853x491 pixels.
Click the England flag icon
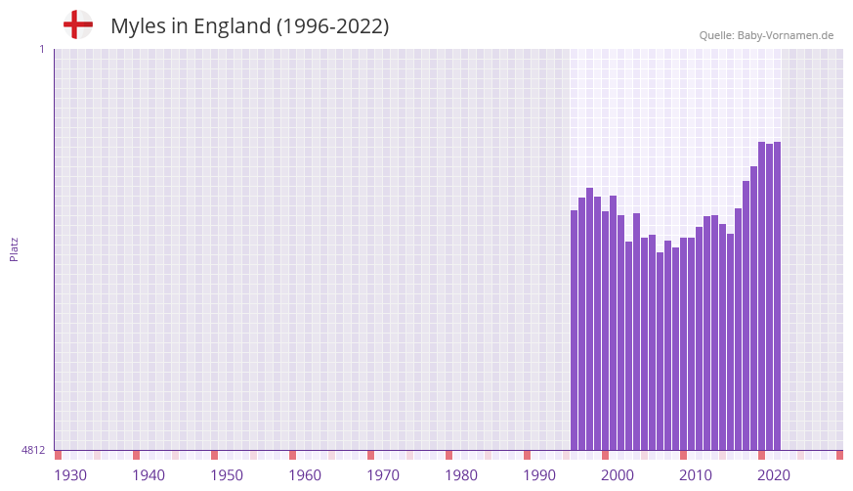pyautogui.click(x=78, y=24)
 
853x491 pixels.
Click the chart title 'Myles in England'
pyautogui.click(x=249, y=26)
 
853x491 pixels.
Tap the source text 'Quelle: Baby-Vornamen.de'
pyautogui.click(x=766, y=35)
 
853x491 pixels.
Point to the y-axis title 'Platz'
pyautogui.click(x=14, y=248)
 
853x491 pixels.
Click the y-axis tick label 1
pyautogui.click(x=41, y=49)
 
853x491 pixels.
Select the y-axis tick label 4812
pyautogui.click(x=33, y=450)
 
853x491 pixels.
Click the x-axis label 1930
pyautogui.click(x=70, y=475)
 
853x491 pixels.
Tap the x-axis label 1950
pyautogui.click(x=227, y=475)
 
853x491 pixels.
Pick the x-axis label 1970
pyautogui.click(x=383, y=475)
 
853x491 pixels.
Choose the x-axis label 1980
pyautogui.click(x=461, y=475)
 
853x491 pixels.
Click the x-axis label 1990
pyautogui.click(x=539, y=475)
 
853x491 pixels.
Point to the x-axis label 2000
pyautogui.click(x=618, y=475)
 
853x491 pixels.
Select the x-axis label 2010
pyautogui.click(x=696, y=475)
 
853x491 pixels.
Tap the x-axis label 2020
pyautogui.click(x=774, y=475)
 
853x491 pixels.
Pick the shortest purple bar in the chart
pyautogui.click(x=661, y=351)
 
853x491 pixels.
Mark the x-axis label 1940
pyautogui.click(x=149, y=475)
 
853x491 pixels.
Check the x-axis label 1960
pyautogui.click(x=305, y=475)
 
